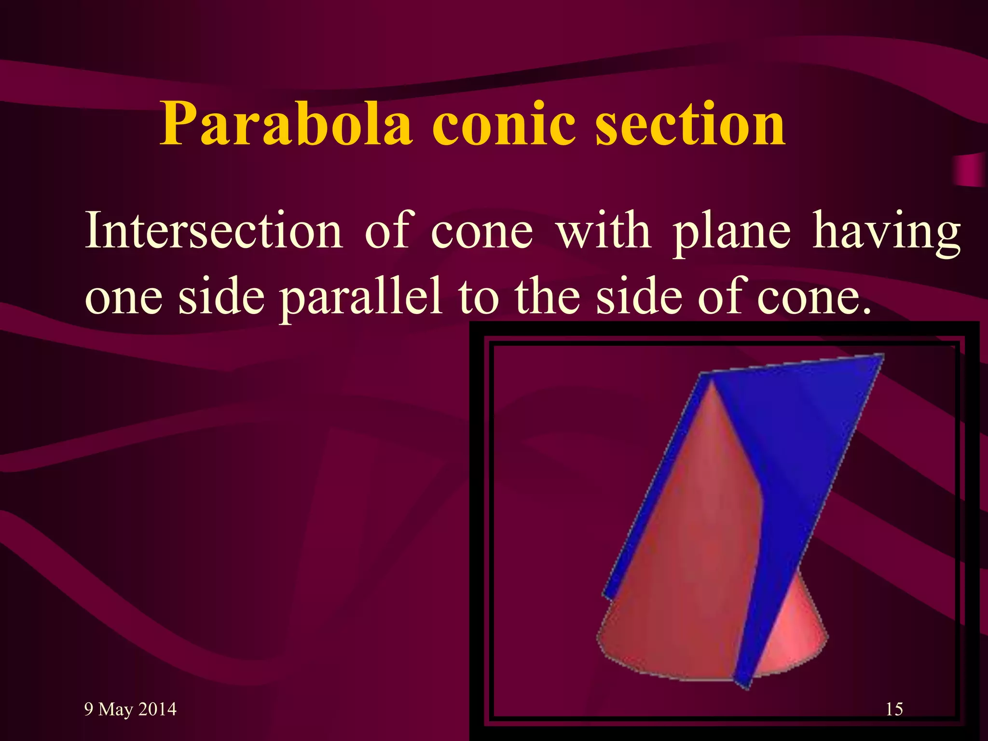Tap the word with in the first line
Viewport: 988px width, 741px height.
point(603,231)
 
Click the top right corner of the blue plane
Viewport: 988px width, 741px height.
point(882,356)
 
